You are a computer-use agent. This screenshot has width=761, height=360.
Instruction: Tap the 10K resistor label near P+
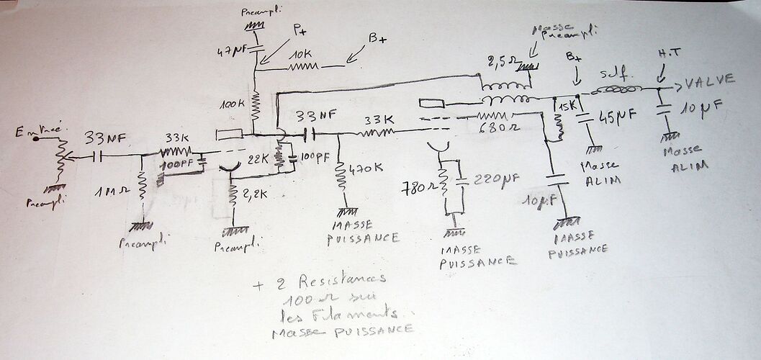click(x=302, y=55)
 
